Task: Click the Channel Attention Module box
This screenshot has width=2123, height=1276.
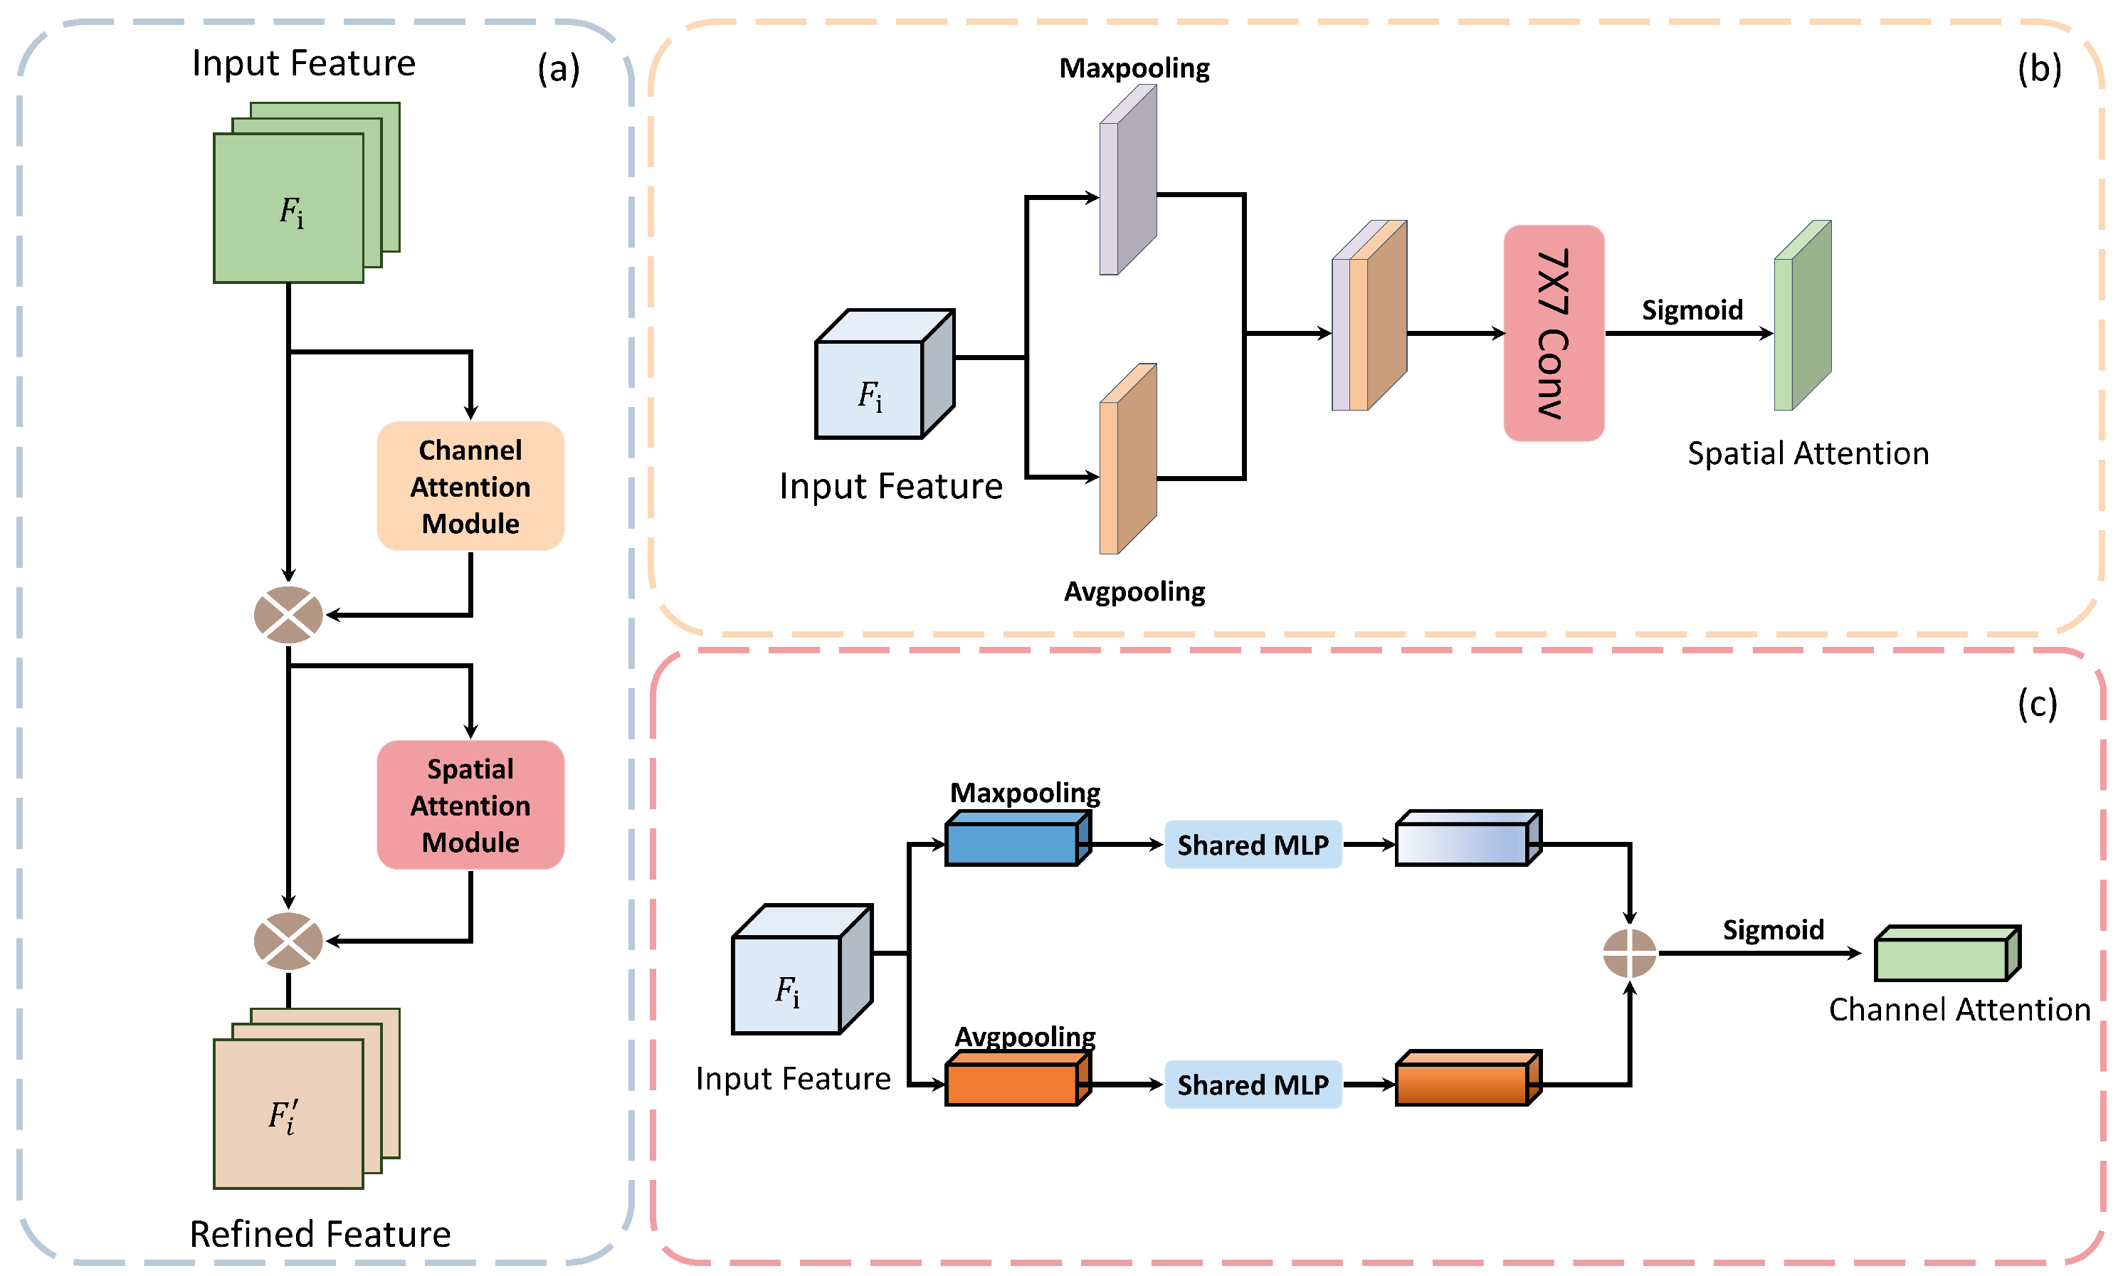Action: click(x=470, y=486)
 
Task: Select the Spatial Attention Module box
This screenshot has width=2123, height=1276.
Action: click(x=470, y=805)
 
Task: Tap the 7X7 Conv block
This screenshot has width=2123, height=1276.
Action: click(x=1553, y=333)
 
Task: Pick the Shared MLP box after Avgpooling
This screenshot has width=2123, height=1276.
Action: click(x=1253, y=1085)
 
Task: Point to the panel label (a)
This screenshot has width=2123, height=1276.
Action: click(x=558, y=68)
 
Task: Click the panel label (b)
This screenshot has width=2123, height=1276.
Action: click(x=2039, y=68)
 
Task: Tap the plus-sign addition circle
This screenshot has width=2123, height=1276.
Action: click(x=1630, y=953)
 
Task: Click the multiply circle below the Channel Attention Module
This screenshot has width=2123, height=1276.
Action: click(x=288, y=615)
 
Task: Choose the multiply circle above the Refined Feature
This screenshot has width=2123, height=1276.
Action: click(x=288, y=941)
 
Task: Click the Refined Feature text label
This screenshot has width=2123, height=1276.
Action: click(x=320, y=1234)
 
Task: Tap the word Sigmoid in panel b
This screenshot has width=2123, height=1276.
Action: click(x=1691, y=310)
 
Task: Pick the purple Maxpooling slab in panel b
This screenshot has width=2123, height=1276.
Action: click(x=1127, y=181)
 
